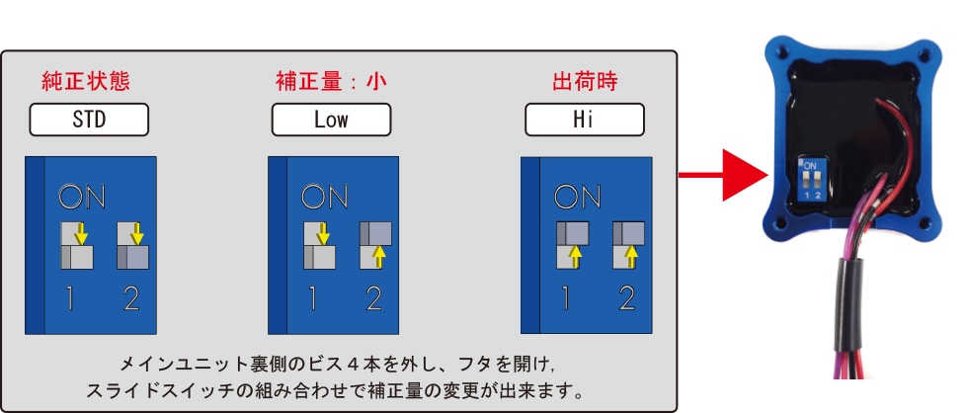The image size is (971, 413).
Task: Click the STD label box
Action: click(89, 120)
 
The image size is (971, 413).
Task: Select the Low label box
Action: click(331, 120)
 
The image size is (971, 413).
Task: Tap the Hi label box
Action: click(585, 120)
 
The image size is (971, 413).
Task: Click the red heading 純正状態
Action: click(86, 82)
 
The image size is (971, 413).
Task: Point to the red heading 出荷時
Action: click(585, 82)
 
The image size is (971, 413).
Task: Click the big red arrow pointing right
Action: click(723, 175)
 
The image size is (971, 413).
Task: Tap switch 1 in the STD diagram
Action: click(77, 246)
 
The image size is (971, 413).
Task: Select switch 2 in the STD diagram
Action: click(133, 246)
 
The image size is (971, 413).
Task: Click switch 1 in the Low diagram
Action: click(319, 246)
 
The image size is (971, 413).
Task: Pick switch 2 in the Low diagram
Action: click(376, 246)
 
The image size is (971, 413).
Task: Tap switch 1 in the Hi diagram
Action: click(573, 246)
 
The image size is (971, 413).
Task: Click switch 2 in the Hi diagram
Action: click(629, 246)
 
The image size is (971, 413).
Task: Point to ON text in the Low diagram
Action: click(325, 197)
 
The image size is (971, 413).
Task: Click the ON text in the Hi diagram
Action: click(577, 197)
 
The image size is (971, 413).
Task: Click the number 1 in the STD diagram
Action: click(70, 299)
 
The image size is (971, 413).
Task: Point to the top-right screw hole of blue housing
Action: click(925, 55)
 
